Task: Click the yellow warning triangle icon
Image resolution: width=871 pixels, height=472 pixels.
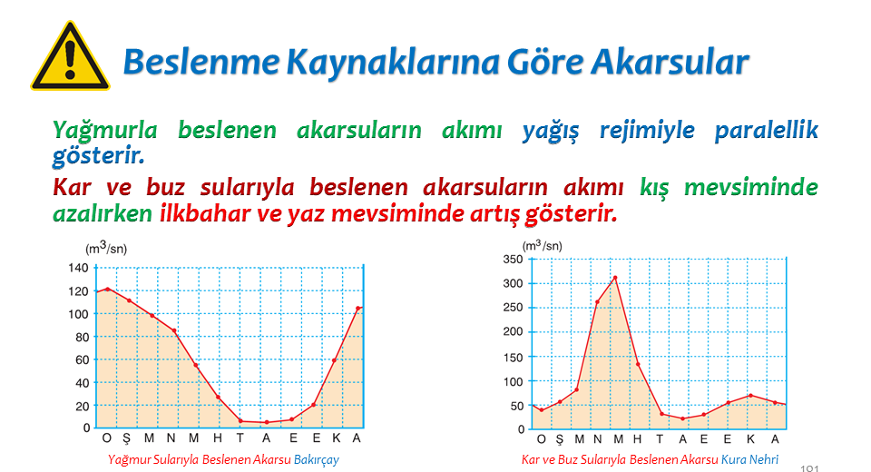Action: [70, 56]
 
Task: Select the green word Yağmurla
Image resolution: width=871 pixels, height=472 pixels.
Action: [105, 131]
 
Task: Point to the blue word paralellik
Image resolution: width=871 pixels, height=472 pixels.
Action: [767, 130]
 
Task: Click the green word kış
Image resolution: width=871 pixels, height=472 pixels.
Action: [654, 188]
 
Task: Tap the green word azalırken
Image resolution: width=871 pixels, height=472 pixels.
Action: [103, 213]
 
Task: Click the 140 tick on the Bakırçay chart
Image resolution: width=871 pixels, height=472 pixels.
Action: [78, 268]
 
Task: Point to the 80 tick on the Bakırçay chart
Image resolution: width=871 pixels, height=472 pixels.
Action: [83, 337]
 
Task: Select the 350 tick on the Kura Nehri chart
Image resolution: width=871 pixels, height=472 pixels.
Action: [513, 259]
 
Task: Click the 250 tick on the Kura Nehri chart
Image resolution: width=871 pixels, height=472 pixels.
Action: [513, 308]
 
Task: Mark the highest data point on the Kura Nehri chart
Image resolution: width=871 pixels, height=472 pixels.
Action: [615, 278]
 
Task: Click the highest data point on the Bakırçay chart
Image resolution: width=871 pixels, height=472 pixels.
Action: [108, 289]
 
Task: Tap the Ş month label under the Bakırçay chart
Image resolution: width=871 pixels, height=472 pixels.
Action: [127, 438]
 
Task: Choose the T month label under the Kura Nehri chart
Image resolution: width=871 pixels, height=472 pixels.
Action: [660, 439]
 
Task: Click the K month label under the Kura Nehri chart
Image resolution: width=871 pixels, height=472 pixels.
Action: [751, 439]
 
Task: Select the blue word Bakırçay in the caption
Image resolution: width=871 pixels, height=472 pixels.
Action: [316, 460]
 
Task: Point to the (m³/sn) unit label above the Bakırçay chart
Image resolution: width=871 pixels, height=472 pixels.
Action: [106, 248]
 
